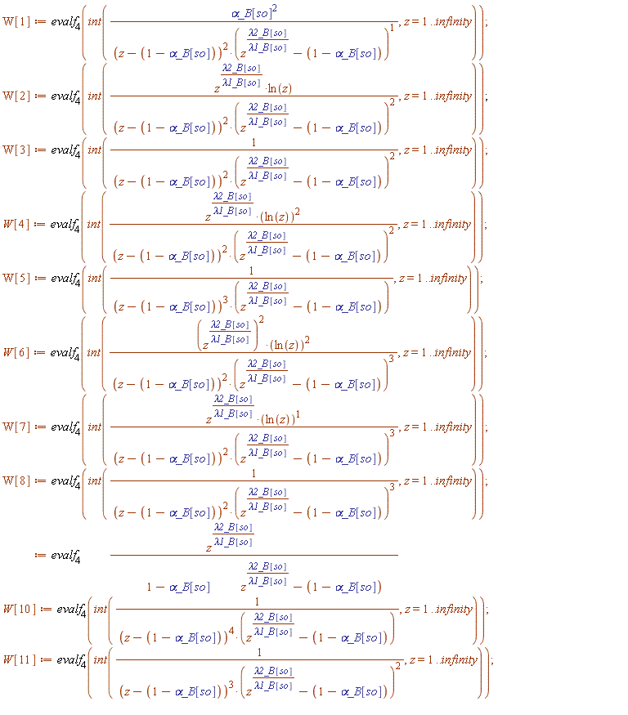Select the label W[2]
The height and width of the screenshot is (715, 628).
(17, 96)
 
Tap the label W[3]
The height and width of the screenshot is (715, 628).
(17, 150)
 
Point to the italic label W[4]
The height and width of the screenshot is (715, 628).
(17, 224)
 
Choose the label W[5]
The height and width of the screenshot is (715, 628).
(17, 278)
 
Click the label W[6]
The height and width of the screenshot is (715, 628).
(17, 352)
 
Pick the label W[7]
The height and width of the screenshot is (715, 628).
(17, 427)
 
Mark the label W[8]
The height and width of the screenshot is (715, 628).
(17, 480)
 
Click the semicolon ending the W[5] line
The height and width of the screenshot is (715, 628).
(482, 278)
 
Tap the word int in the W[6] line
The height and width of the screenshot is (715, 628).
(95, 352)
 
